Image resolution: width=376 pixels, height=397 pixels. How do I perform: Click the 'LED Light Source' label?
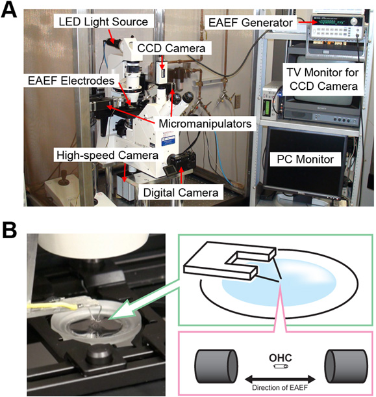point(103,21)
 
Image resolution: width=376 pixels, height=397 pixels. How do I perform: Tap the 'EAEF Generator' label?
point(251,23)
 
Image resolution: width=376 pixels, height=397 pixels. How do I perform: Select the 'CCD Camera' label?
point(171,48)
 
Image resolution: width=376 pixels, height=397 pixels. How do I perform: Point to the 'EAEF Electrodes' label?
point(71,81)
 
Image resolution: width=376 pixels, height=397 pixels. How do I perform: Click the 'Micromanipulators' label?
point(205,124)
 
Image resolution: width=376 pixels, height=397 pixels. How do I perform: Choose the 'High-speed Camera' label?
point(107,155)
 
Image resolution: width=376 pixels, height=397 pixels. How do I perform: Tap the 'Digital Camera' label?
point(181,193)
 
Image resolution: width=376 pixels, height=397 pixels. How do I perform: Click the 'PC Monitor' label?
point(305,159)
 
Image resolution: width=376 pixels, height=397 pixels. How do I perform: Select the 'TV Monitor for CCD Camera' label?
point(323,79)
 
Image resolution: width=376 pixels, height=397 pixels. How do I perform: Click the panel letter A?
point(9,11)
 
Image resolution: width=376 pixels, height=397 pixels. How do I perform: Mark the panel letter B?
point(10,230)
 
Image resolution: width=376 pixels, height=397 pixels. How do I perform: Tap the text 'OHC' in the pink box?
point(281,358)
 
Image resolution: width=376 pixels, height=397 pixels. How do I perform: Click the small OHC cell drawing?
point(281,366)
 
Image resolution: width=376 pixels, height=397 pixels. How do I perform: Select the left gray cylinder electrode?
point(217,366)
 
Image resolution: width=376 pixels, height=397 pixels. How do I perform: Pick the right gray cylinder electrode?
point(346,366)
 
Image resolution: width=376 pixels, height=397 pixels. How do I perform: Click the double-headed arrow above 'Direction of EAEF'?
point(281,379)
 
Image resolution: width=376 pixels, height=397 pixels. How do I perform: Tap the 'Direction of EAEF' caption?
point(280,388)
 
